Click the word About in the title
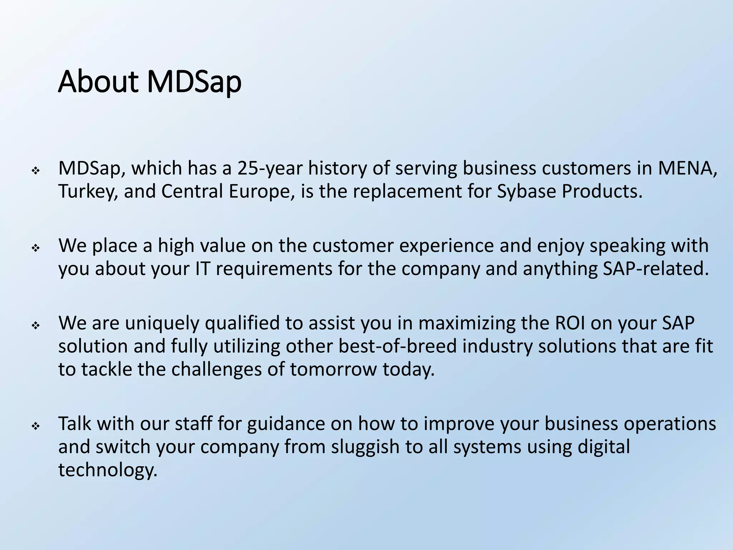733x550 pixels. [98, 82]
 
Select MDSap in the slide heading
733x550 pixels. [194, 82]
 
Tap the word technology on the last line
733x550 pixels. [108, 470]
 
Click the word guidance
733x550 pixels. [283, 424]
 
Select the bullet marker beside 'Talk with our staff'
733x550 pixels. [35, 426]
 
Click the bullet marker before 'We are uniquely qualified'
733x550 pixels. [35, 326]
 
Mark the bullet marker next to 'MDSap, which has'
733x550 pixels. [35, 171]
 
